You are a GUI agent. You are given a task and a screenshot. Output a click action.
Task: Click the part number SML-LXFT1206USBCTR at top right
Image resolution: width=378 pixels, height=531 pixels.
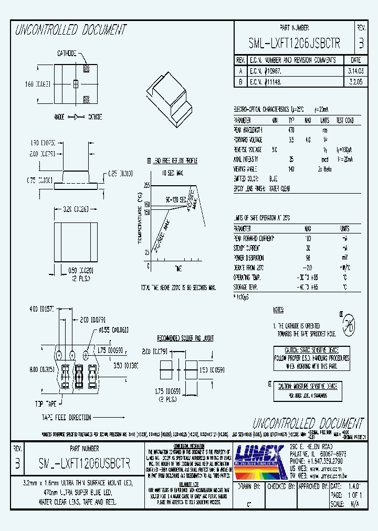(x=295, y=44)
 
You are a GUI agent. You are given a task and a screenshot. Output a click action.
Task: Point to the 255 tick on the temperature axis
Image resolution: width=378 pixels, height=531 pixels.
(x=147, y=186)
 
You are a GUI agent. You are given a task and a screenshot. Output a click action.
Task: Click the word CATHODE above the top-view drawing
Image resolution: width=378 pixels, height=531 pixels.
(x=67, y=54)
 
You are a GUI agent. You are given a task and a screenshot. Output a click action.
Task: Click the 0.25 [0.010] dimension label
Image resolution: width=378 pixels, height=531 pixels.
(x=120, y=174)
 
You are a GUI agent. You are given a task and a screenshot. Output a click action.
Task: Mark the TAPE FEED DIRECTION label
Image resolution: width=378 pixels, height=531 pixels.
(x=67, y=418)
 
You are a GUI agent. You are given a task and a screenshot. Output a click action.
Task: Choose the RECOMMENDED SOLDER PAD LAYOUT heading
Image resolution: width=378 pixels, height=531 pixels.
(x=185, y=338)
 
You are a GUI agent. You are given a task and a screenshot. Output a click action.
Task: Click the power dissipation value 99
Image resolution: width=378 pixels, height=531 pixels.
(x=307, y=258)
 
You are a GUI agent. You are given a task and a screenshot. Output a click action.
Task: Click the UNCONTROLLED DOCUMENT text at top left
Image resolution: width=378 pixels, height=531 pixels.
(x=70, y=30)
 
